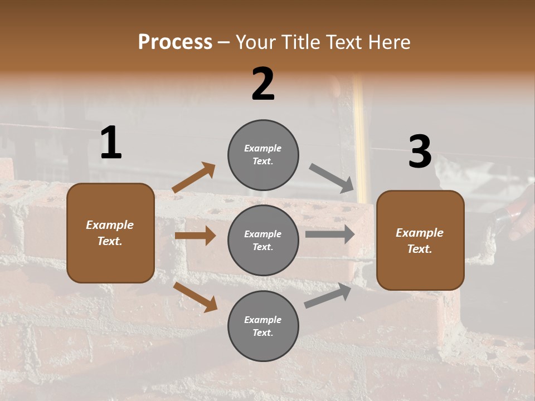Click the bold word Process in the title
175,42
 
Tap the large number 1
111,143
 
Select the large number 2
263,84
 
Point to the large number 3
420,152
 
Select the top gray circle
263,155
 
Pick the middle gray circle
263,241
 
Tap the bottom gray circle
263,326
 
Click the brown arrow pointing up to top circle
194,178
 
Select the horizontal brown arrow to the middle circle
195,236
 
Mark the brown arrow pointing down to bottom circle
195,297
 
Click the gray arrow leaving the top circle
332,178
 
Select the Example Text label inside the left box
110,233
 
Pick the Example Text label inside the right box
420,241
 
